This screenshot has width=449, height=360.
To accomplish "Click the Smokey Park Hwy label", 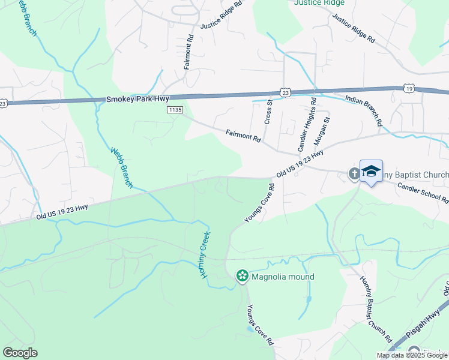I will pos(138,98).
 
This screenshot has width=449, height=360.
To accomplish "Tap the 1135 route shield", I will pos(175,110).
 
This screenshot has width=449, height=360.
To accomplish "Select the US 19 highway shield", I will pos(409,88).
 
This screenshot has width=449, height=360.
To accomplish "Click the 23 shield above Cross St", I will pos(285,92).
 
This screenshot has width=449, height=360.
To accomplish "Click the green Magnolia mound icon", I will pos(243,276).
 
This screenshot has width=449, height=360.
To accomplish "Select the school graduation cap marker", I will pos(371,171).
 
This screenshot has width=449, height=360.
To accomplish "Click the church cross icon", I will pos(354,174).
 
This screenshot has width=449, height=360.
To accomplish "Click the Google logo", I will pos(20,353).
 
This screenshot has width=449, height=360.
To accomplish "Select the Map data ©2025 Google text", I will pos(412,355).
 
